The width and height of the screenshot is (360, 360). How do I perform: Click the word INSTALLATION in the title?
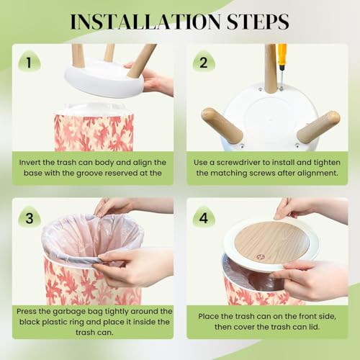click(x=145, y=22)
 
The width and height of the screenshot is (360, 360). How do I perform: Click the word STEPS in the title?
click(x=258, y=22)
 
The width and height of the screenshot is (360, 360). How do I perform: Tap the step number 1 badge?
click(x=30, y=62)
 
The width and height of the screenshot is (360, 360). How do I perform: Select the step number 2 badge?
click(x=204, y=62)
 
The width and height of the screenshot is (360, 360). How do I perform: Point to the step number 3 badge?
click(x=30, y=217)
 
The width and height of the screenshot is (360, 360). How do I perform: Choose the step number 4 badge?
click(x=204, y=217)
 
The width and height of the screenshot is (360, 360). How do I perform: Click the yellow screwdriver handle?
click(x=282, y=55)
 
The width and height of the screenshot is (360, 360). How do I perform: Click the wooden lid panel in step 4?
click(x=271, y=241)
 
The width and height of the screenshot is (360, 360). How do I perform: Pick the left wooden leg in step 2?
click(x=222, y=125)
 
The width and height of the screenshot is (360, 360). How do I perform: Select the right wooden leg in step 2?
click(x=319, y=127)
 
